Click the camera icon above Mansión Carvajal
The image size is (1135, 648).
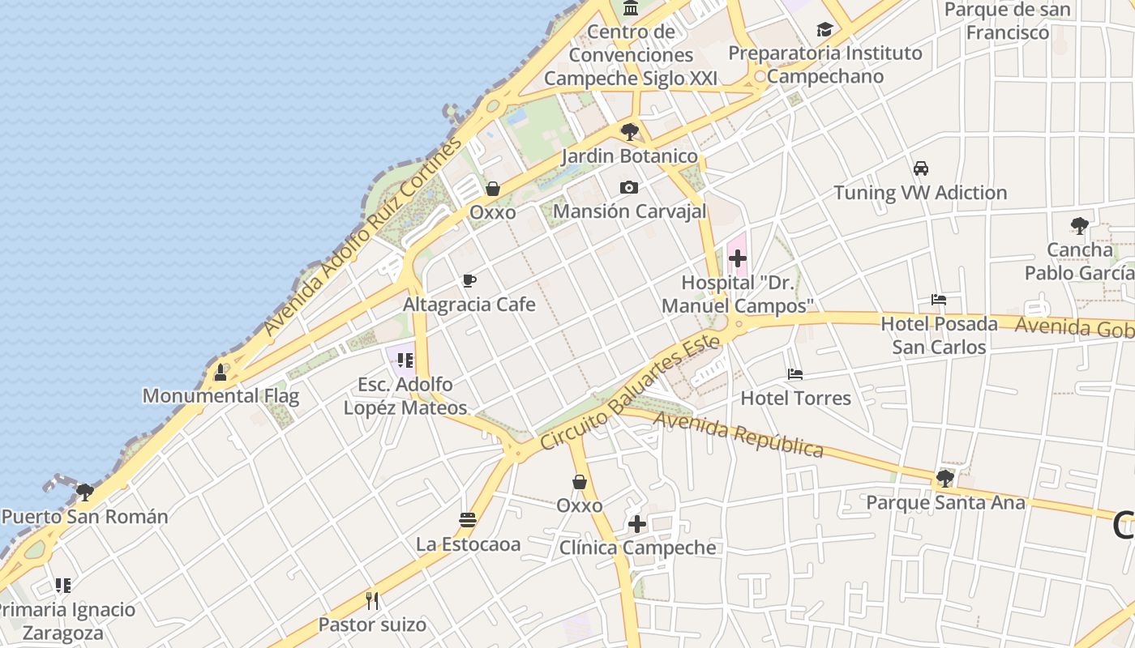point(628,188)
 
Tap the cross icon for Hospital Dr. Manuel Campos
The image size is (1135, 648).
point(737,259)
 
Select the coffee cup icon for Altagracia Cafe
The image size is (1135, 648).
point(469,281)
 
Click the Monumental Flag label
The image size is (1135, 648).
point(221,396)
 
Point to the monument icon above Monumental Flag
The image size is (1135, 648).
point(220,373)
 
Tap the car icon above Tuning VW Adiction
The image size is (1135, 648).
point(920,168)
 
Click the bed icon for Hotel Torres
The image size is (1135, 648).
point(795,374)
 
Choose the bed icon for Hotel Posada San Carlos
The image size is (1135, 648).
point(939,300)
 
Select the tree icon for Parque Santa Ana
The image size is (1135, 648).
point(944,478)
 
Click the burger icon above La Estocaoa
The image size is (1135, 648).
point(467,519)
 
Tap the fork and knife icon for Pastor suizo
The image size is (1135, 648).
point(372,600)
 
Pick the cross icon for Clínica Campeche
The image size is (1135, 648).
point(637,524)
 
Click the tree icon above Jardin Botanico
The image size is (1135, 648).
point(629,131)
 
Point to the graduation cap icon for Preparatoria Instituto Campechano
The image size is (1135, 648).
point(824,29)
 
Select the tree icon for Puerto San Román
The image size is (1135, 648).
point(84,492)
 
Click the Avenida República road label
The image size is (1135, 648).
point(738,435)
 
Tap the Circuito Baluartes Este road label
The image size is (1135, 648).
point(630,393)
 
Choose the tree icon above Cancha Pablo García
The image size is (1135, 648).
point(1078,225)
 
